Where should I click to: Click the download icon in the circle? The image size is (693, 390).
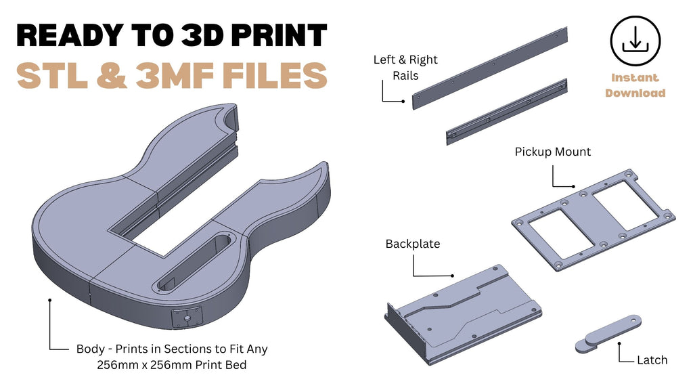pos(635,40)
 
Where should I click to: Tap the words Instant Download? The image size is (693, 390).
pos(635,85)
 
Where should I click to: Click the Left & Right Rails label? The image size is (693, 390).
pos(405,68)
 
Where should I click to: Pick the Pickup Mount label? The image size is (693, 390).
pos(552,152)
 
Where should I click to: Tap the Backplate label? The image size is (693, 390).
pos(413,244)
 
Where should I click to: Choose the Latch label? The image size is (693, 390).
pos(652,360)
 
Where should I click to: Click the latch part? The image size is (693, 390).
pos(608,334)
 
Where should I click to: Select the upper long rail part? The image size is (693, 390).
pos(490,68)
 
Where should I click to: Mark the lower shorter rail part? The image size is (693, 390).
pos(506,112)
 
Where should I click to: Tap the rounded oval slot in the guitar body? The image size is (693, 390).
pos(194,263)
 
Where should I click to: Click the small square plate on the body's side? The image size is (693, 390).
pos(187,318)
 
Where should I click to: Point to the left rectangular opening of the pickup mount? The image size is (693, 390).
pos(561,234)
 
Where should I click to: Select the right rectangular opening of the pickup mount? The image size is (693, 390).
pos(625,206)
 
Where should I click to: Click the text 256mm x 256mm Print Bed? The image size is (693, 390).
pos(171,365)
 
